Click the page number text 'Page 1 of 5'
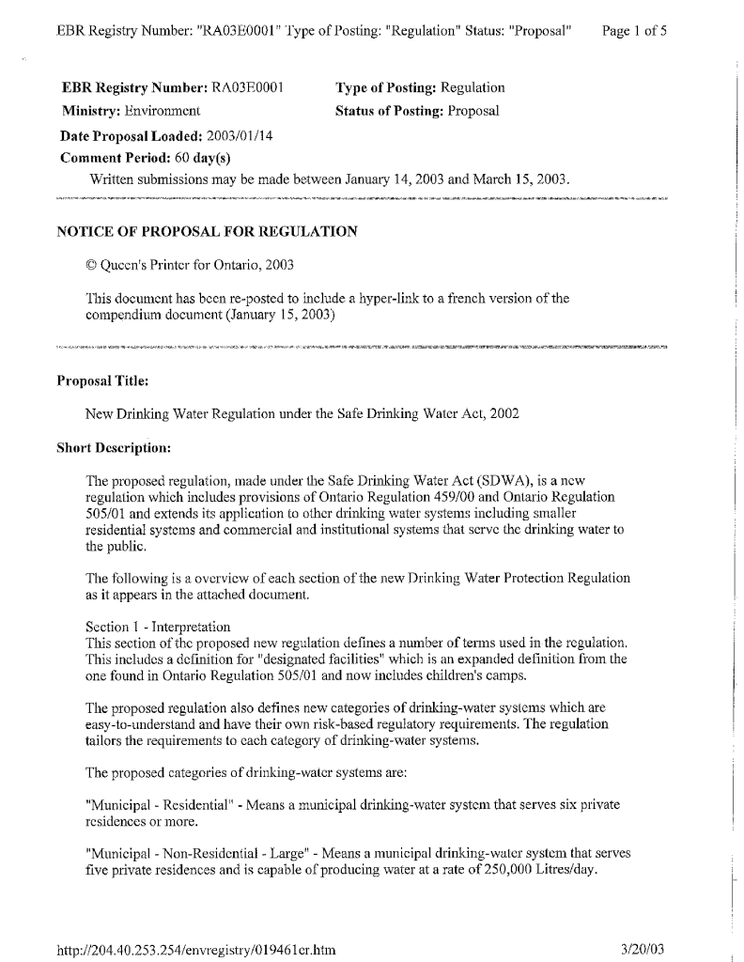click(634, 31)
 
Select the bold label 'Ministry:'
click(91, 111)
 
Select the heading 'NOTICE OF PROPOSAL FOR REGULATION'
click(207, 231)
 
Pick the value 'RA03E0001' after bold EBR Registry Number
click(247, 88)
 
